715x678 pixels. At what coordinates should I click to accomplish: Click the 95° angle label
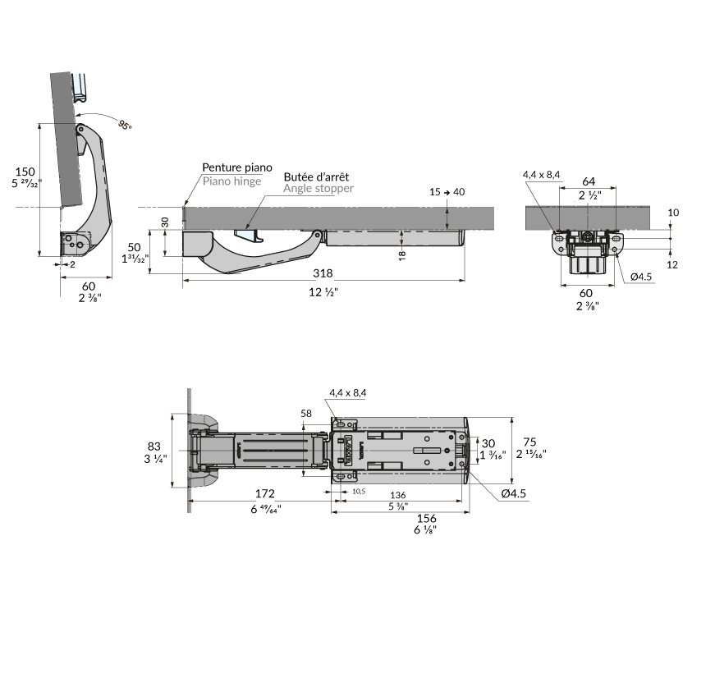tap(124, 125)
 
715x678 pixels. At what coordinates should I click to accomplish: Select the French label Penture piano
tap(237, 167)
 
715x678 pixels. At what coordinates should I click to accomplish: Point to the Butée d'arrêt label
tap(316, 176)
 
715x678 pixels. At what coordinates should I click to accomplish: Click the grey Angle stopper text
tap(319, 189)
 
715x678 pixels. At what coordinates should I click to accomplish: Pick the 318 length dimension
tap(323, 274)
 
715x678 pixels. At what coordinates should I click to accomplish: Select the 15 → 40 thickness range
tap(447, 192)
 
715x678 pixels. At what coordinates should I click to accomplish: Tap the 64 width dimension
tap(589, 181)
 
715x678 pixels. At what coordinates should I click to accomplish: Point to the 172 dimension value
tap(263, 493)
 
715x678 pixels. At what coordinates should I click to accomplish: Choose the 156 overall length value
tap(427, 518)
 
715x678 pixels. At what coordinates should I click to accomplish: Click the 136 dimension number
tap(397, 495)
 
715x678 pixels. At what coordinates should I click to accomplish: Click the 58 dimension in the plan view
tap(306, 414)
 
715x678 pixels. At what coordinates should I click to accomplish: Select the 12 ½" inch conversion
tap(323, 292)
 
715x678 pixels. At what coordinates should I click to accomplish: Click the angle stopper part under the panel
tap(249, 235)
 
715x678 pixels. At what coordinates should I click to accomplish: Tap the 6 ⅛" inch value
tap(427, 530)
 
